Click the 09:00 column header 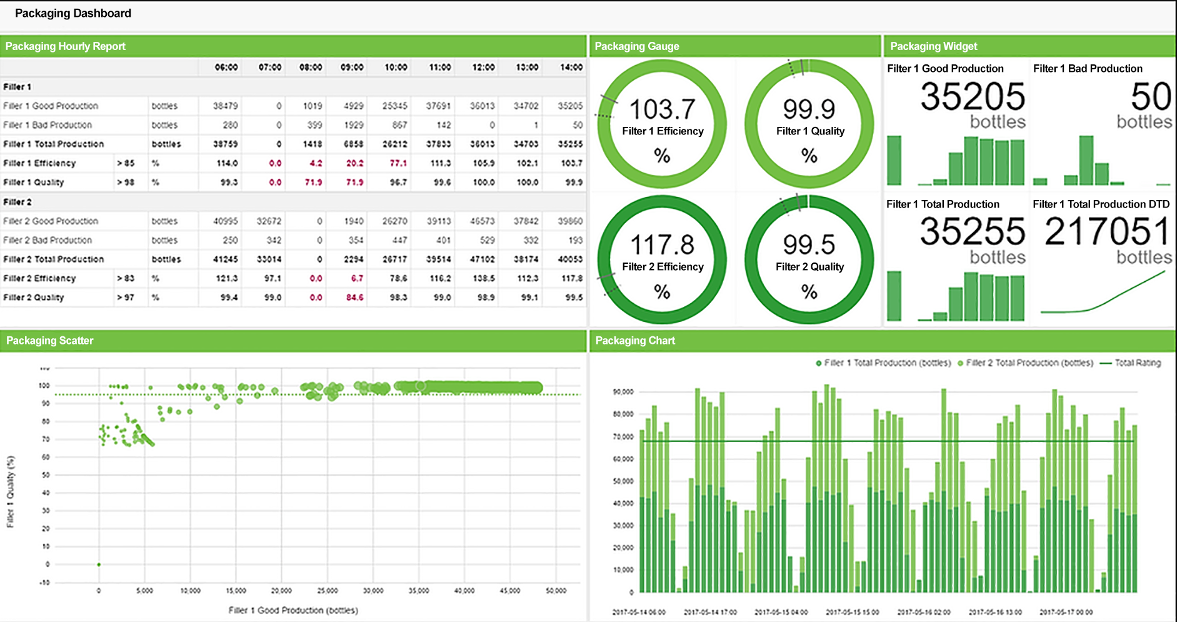(352, 67)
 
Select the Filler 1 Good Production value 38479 (225, 106)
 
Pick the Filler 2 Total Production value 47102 (482, 259)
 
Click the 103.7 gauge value (662, 109)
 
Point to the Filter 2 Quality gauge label (809, 267)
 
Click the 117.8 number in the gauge (662, 244)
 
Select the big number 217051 (1107, 232)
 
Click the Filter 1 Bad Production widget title (1088, 69)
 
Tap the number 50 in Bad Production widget (1151, 97)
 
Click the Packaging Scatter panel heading (50, 341)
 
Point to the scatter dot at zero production (99, 564)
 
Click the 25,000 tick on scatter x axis (327, 591)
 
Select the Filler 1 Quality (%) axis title (11, 491)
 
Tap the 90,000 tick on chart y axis (623, 392)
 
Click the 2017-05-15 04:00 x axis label (781, 612)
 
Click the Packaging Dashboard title (73, 13)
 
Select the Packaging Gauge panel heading (636, 46)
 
